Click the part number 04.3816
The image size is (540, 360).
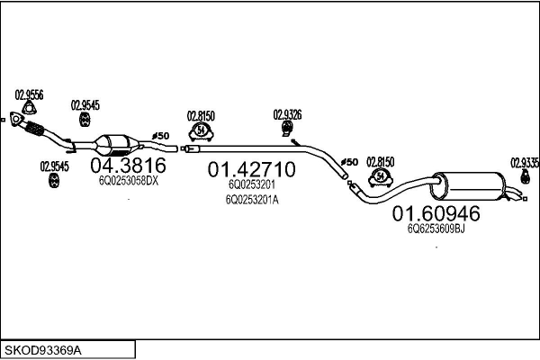[128, 166]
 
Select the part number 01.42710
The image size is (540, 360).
[251, 169]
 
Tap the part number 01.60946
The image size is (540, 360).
[436, 213]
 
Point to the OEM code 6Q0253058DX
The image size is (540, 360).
[129, 181]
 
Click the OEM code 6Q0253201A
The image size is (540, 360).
[252, 200]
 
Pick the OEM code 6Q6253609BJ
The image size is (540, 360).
[436, 229]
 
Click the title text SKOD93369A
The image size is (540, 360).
[43, 351]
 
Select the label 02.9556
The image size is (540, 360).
[29, 94]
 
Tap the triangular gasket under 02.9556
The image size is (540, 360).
[30, 108]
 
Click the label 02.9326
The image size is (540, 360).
[287, 114]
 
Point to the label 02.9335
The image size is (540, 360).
[524, 163]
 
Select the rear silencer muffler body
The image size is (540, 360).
[468, 186]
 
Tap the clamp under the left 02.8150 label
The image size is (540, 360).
[201, 131]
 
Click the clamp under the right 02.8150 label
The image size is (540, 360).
[381, 178]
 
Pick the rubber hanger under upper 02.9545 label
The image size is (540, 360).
[85, 119]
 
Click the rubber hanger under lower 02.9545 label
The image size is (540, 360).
[54, 181]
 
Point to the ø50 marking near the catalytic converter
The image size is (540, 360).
[160, 136]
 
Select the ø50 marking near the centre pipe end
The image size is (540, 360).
[349, 162]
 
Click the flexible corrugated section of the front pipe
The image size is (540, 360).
[34, 128]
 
